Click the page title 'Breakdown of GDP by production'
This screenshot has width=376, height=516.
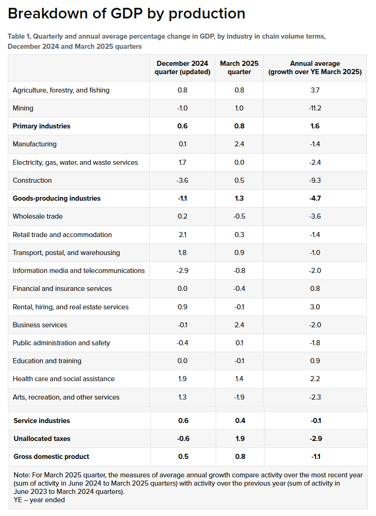126,14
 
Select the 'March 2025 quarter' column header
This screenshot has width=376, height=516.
239,67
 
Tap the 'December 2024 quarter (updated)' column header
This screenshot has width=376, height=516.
182,67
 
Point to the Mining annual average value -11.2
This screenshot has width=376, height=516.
315,108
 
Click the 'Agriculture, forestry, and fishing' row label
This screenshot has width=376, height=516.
61,90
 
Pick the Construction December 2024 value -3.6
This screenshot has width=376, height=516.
182,180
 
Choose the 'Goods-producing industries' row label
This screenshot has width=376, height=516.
57,198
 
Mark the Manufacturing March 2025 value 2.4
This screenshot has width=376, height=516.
239,144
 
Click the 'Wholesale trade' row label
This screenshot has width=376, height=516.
38,216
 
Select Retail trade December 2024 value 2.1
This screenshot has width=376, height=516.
182,235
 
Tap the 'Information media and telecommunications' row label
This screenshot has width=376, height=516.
79,271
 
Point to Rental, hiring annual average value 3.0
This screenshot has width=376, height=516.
315,307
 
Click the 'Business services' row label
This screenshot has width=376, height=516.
40,325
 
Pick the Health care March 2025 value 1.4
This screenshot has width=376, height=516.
239,379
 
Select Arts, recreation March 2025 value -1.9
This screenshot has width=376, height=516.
239,397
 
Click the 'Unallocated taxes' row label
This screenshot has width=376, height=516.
42,439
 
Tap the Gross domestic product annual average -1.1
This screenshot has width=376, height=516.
315,457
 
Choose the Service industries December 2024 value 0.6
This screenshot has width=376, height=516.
183,421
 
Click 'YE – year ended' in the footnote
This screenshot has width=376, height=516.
39,500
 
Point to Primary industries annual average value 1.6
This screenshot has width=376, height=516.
315,126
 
